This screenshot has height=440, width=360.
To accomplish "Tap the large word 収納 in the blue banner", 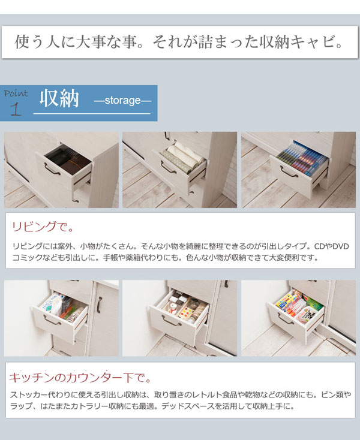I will tap(59, 99).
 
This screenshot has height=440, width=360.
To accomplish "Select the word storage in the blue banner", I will tap(122, 101).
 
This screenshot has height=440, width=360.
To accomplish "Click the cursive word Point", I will tap(16, 93).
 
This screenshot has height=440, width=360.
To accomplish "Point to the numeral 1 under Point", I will tap(16, 109).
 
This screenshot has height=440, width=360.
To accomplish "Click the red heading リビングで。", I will tap(43, 227).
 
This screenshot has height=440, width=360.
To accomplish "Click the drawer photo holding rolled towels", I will tap(179, 170).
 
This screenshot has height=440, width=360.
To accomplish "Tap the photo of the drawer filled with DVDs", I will tap(298, 170).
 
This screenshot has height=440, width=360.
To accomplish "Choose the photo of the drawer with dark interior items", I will tap(61, 170).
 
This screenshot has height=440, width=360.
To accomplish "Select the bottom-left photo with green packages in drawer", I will tap(61, 318).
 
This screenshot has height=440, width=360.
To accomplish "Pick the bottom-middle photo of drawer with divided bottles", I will tap(179, 318).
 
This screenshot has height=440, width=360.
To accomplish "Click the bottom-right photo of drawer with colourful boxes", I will tap(298, 318).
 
